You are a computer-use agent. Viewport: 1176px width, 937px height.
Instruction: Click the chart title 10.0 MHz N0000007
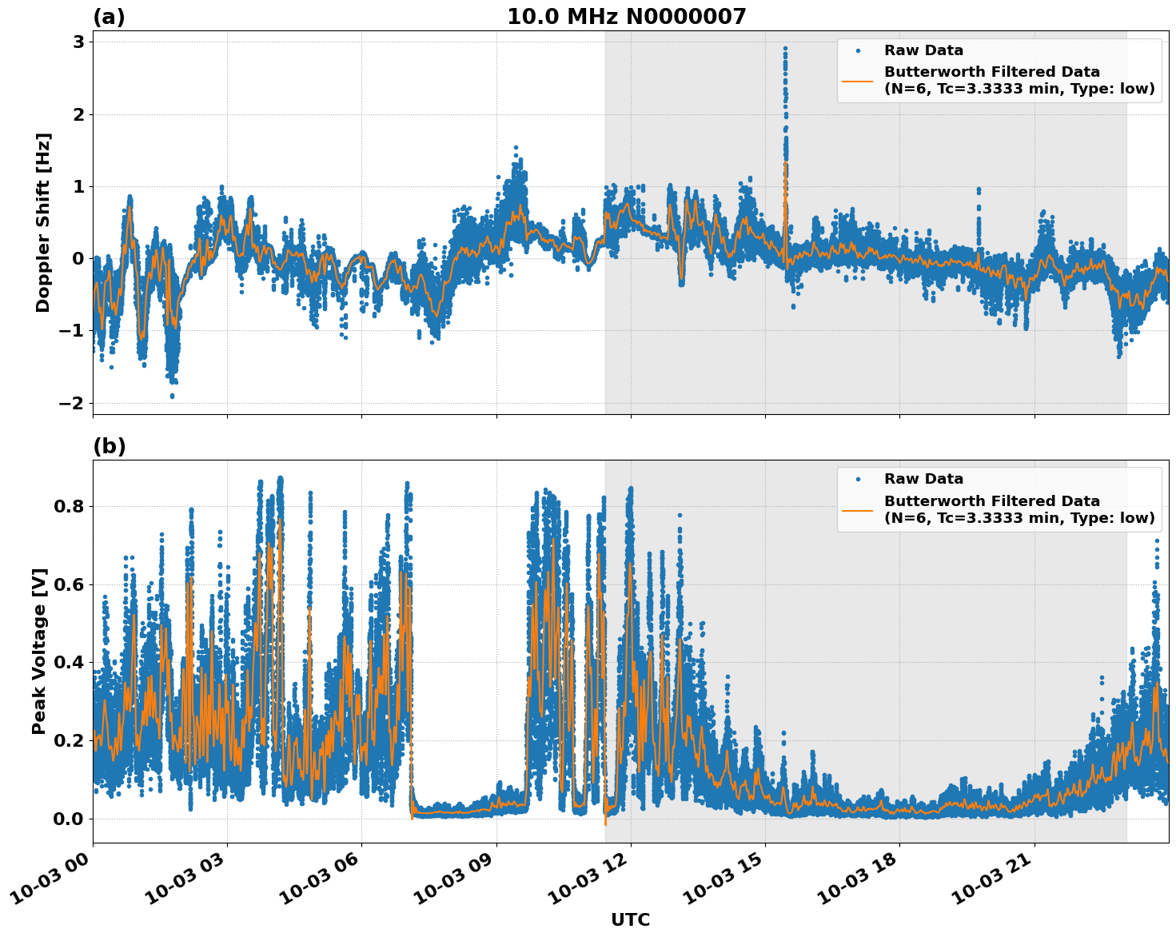[x=626, y=17]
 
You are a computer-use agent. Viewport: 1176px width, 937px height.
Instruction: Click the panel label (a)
[x=109, y=17]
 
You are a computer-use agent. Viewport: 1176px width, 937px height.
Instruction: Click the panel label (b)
[x=109, y=446]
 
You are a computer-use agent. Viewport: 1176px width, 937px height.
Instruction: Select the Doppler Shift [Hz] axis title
[x=43, y=222]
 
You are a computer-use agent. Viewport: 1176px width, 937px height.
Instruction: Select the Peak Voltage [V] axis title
[x=39, y=651]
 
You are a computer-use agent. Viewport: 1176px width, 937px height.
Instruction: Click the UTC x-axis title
[x=630, y=919]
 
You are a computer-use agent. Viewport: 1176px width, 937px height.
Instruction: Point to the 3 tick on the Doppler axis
[x=79, y=42]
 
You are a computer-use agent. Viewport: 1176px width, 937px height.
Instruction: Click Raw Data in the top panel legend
[x=923, y=50]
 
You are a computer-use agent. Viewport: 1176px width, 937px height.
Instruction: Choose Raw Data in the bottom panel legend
[x=923, y=479]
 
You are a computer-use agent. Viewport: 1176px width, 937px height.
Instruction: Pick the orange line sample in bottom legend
[x=857, y=509]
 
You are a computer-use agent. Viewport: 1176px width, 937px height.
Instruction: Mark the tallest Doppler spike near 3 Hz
[x=785, y=49]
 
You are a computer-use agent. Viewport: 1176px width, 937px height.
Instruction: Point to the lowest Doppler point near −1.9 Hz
[x=172, y=396]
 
